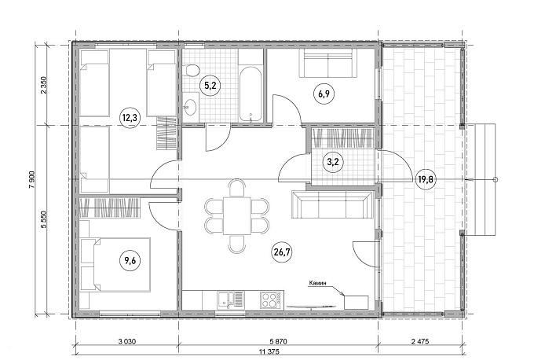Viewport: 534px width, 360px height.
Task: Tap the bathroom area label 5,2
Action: pos(210,86)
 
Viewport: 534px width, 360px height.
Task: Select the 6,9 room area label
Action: pos(324,94)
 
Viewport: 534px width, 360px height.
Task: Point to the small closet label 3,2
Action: pos(333,162)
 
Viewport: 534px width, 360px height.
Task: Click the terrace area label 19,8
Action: pos(426,179)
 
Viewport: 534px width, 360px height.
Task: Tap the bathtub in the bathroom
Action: pos(251,94)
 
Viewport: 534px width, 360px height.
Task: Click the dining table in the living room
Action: pos(237,216)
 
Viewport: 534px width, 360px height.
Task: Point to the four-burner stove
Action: pos(272,300)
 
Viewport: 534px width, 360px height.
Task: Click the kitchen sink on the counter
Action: pos(231,300)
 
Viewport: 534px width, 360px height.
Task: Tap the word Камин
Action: pos(318,283)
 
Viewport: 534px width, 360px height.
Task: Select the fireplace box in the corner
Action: pos(357,303)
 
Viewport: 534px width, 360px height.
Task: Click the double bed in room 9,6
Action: pos(115,265)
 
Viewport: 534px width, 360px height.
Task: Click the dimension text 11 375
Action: pos(269,352)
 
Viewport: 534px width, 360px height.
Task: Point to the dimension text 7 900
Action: pos(32,180)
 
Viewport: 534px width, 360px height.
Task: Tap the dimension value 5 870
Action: pos(278,341)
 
